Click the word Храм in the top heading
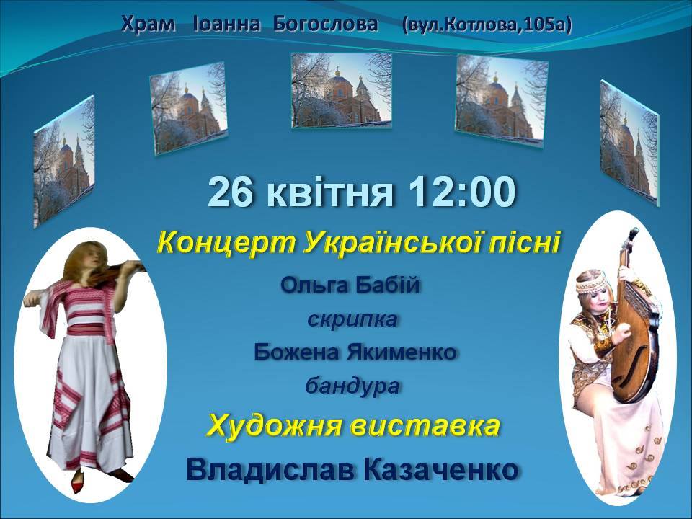tap(148, 25)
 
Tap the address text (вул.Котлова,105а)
tap(487, 25)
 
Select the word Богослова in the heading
tap(326, 25)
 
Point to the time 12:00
tap(462, 192)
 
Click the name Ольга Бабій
tap(350, 285)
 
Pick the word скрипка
tap(352, 319)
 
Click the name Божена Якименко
tap(355, 352)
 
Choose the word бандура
tap(352, 386)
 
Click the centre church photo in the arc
tap(342, 91)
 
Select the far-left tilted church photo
tap(64, 161)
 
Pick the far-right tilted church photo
tap(629, 142)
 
